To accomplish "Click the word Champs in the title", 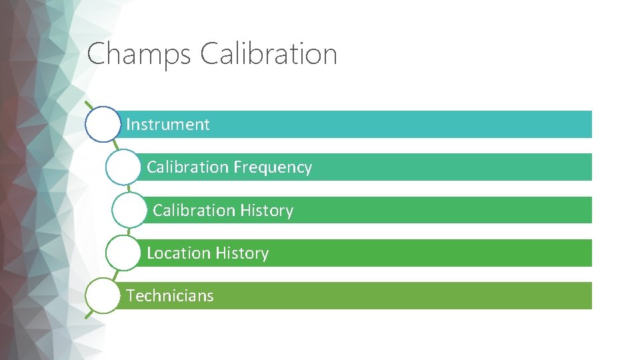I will tap(138, 54).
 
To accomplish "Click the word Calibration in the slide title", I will tap(268, 54).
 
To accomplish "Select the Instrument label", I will tap(168, 125).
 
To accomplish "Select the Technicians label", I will tap(170, 296).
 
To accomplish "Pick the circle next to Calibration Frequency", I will tap(123, 167).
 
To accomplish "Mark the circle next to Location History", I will tap(123, 253).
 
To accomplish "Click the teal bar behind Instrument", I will tap(400, 125).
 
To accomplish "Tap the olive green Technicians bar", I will tap(400, 296).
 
